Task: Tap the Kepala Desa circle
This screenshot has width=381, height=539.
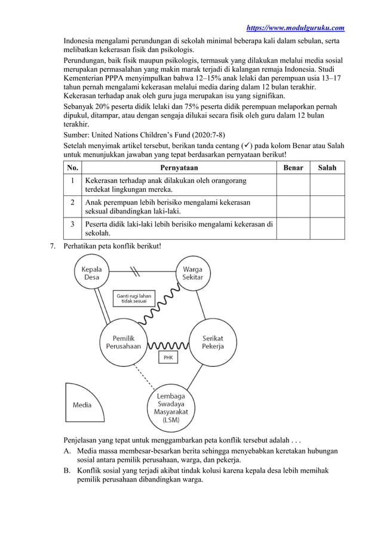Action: [x=91, y=273]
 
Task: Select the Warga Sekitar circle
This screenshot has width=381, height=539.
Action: [x=192, y=273]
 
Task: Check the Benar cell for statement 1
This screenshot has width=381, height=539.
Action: [x=293, y=185]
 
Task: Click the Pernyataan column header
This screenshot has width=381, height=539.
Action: [x=179, y=168]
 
